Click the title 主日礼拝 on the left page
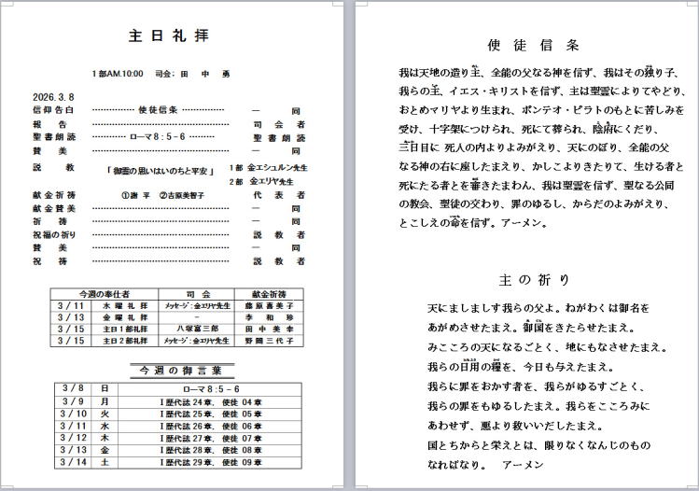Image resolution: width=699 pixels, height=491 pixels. pyautogui.click(x=169, y=36)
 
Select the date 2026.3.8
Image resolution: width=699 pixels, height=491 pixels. pyautogui.click(x=52, y=96)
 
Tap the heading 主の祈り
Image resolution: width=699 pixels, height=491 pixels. pyautogui.click(x=535, y=279)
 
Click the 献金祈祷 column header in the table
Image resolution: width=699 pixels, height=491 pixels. pyautogui.click(x=269, y=292)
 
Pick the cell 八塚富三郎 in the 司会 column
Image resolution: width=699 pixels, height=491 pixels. pyautogui.click(x=195, y=329)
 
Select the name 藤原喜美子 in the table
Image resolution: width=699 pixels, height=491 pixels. pyautogui.click(x=269, y=304)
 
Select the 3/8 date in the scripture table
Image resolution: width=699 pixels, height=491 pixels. pyautogui.click(x=72, y=388)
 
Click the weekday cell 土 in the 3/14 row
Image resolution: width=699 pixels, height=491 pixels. pyautogui.click(x=105, y=461)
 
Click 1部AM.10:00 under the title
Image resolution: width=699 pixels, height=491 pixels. pyautogui.click(x=118, y=73)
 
